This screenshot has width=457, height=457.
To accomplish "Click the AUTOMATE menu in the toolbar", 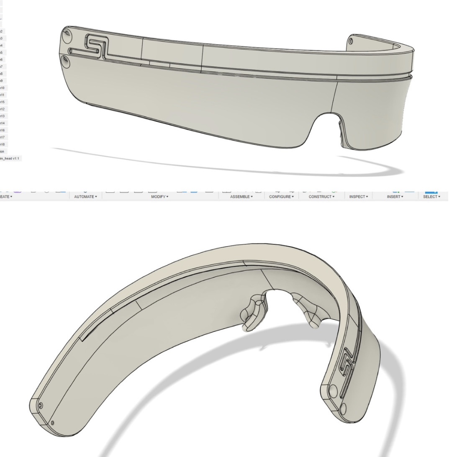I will point(85,196).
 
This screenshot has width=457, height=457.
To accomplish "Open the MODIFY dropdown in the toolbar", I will point(159,196).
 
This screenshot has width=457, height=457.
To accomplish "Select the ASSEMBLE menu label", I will point(241,196).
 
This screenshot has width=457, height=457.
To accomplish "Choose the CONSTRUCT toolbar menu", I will point(321,196).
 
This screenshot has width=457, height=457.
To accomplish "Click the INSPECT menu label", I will point(358,196).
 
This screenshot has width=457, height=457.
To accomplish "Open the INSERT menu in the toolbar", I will point(395,196).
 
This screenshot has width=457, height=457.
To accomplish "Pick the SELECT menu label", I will point(431,196).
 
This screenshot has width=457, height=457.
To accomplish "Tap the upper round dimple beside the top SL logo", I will point(66,35).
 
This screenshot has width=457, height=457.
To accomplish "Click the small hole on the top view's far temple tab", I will point(351,41).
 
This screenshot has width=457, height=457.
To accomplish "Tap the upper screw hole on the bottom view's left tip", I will point(40,406).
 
